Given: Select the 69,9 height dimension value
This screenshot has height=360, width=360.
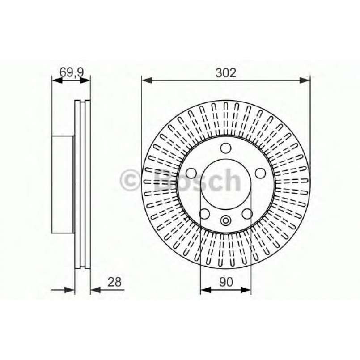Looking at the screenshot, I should pyautogui.click(x=71, y=71).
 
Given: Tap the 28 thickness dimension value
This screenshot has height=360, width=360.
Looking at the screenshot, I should pyautogui.click(x=114, y=282).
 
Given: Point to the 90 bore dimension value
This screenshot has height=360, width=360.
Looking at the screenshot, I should pyautogui.click(x=226, y=282).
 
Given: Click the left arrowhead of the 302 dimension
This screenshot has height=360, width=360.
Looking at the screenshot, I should pyautogui.click(x=145, y=80).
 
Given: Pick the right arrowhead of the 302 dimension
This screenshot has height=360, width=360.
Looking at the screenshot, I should pyautogui.click(x=306, y=80).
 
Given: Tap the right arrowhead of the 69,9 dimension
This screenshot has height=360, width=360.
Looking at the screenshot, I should pyautogui.click(x=87, y=80).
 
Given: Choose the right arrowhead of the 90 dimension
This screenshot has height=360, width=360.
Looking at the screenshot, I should pyautogui.click(x=247, y=290).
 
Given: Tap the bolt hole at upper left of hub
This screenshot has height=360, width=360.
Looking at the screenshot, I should pyautogui.click(x=191, y=173).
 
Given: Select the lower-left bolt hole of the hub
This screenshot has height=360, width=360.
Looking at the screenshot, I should pyautogui.click(x=204, y=213).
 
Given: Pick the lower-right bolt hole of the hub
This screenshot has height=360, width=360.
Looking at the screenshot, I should pyautogui.click(x=247, y=213).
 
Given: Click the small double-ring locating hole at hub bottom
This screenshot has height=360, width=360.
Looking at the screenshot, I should pyautogui.click(x=226, y=220).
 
